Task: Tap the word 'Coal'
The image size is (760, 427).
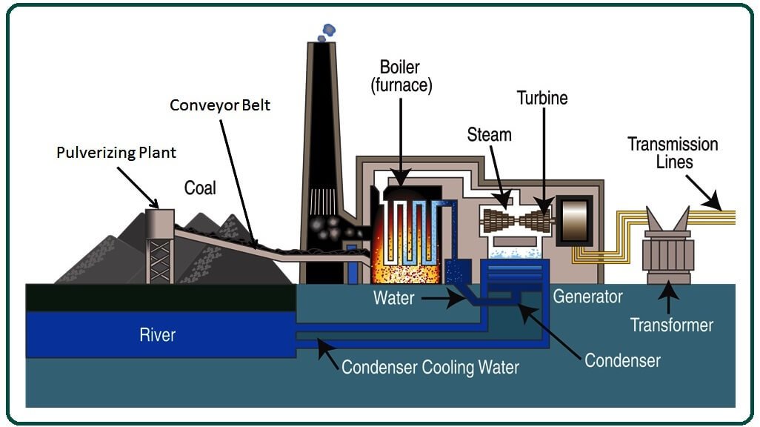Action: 200,188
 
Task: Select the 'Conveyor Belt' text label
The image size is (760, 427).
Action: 220,105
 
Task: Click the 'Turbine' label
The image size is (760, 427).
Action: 542,98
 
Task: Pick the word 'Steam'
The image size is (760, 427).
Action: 489,135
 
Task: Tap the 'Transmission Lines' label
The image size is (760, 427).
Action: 673,152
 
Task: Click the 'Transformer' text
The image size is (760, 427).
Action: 672,325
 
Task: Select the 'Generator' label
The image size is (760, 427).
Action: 587,297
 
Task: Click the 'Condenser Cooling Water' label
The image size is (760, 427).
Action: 430,366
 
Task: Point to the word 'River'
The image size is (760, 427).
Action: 158,335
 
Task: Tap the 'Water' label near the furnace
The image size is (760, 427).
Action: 393,299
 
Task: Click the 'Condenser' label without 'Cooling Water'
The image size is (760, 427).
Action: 622,360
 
